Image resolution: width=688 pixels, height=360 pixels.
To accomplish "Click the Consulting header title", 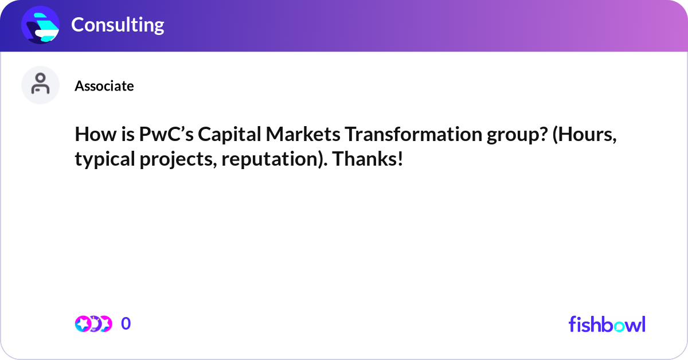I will (x=118, y=25).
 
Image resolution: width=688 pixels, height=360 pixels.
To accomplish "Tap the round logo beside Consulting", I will (x=40, y=25).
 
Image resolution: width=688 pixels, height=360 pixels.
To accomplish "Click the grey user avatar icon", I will (x=40, y=85).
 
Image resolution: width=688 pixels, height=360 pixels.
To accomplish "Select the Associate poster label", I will (x=104, y=86).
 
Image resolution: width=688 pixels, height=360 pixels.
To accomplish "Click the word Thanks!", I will (x=368, y=159).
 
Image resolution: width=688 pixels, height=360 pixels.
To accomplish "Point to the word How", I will (x=93, y=135).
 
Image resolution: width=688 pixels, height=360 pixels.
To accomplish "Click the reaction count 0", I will (x=126, y=324).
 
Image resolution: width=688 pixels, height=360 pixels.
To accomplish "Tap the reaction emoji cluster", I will (x=93, y=324).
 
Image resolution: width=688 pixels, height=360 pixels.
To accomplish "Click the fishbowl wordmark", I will (x=607, y=324).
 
